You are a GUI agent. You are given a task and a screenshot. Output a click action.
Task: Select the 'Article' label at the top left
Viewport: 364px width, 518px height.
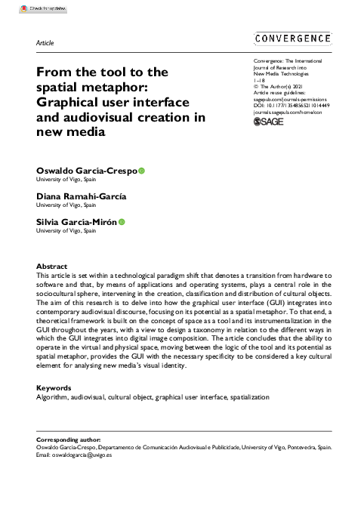coord(45,43)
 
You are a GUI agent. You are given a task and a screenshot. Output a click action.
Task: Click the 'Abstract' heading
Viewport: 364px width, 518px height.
coord(51,267)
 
